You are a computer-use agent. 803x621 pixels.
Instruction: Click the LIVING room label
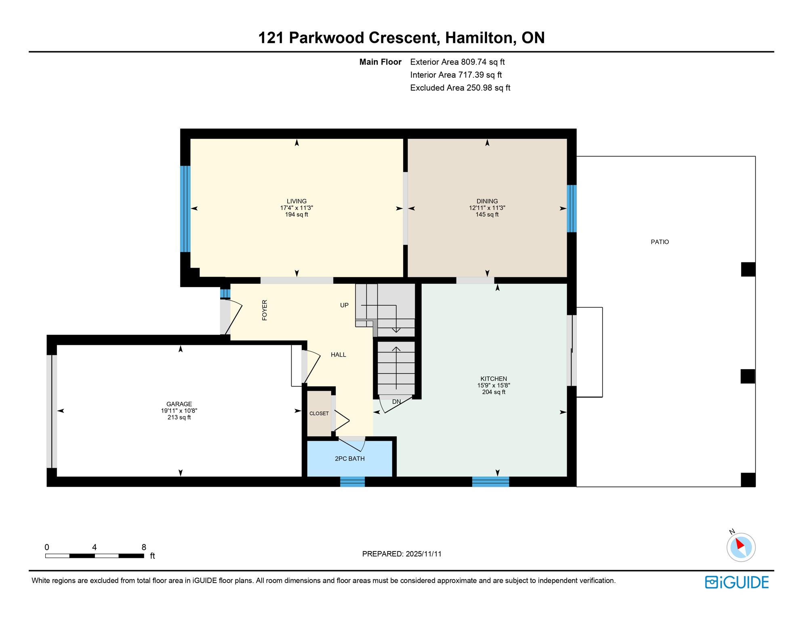[x=296, y=201]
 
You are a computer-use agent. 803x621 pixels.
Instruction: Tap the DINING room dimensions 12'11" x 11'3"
[x=487, y=208]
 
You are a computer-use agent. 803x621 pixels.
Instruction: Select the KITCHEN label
[x=493, y=379]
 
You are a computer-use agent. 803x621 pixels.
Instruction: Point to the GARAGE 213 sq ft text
[x=179, y=417]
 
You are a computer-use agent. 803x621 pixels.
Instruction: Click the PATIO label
[x=660, y=242]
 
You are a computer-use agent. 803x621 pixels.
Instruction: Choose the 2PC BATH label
[x=349, y=458]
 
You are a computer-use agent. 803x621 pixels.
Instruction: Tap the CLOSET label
[x=319, y=413]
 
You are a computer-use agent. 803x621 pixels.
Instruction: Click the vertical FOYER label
[x=265, y=310]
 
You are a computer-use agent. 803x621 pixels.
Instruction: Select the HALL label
[x=338, y=355]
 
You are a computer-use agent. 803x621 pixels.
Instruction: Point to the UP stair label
[x=344, y=305]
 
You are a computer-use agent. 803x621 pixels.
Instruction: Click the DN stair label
[x=396, y=401]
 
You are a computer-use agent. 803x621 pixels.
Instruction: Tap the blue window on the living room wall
[x=185, y=209]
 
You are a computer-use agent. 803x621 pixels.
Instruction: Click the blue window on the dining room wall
[x=571, y=209]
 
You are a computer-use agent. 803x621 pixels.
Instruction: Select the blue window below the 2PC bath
[x=352, y=482]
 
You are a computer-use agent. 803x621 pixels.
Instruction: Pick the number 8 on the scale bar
[x=143, y=547]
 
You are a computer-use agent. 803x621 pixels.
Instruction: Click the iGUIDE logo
[x=737, y=582]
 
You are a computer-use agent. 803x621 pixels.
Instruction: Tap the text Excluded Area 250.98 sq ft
[x=460, y=88]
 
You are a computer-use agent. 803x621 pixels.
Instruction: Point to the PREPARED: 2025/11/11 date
[x=401, y=554]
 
